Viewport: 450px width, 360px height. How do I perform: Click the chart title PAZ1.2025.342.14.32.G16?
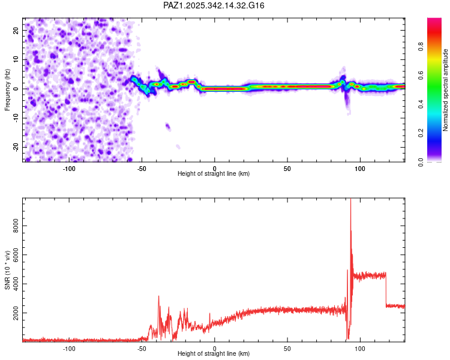214,5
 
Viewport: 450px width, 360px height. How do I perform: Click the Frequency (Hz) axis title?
8,89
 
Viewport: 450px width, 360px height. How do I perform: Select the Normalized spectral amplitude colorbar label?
445,90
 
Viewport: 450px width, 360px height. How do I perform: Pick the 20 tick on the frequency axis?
16,30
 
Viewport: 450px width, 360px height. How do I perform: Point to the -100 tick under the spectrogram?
69,169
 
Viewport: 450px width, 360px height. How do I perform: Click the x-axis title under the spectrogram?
214,174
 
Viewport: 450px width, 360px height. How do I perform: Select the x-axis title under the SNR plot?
214,354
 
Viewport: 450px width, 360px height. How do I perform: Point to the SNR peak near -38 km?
159,296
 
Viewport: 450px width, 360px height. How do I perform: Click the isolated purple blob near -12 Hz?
168,127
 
